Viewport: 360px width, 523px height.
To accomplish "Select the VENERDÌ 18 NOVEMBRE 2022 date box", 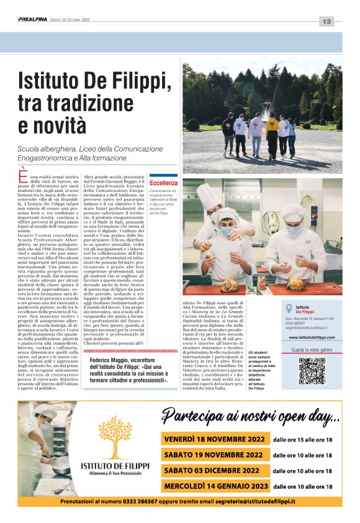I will (x=215, y=439).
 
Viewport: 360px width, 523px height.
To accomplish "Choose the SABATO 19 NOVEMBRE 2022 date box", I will (x=215, y=455).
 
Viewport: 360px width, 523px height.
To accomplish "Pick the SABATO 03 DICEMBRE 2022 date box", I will (x=215, y=470).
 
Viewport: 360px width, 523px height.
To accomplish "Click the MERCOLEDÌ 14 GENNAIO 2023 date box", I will (x=215, y=486).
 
